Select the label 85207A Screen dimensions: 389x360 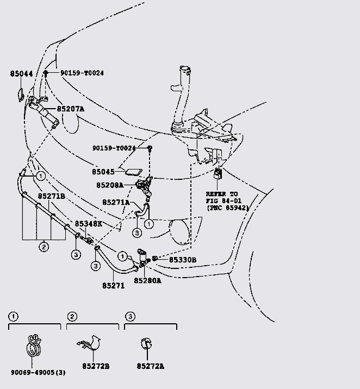pos(70,109)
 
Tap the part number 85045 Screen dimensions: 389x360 pos(103,172)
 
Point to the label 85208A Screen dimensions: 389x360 pos(110,185)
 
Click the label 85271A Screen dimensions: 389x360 pos(116,202)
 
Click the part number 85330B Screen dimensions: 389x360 pos(182,260)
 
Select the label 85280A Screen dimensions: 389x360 pos(148,280)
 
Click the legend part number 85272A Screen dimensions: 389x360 pos(150,366)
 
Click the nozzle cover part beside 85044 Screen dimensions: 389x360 pos(18,95)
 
